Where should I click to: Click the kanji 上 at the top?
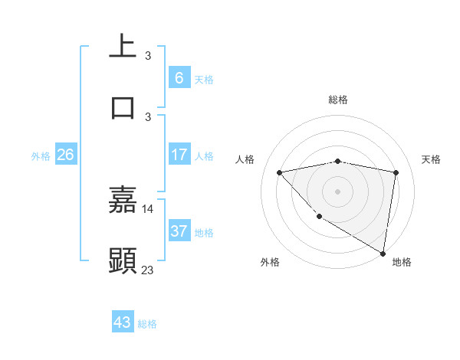coord(123,47)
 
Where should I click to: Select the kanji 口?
coord(123,106)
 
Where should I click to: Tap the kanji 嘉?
coord(123,199)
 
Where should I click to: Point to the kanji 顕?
coord(123,260)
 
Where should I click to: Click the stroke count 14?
coord(148,208)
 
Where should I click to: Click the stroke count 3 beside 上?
coord(148,56)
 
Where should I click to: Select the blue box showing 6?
coord(179,77)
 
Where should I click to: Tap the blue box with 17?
coord(179,155)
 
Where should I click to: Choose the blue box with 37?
coord(179,231)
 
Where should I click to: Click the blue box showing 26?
coord(66,155)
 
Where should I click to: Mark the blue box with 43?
coord(123,322)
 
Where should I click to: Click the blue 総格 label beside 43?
coord(147,324)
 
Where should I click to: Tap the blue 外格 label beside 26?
coord(41,156)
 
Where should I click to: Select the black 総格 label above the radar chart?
coord(338,100)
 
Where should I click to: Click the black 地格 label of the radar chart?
coord(402,263)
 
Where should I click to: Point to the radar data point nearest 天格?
coord(396,172)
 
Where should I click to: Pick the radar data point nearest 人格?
coord(280,172)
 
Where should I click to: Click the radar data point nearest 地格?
coord(383,253)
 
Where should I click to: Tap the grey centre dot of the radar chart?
coord(338,191)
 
